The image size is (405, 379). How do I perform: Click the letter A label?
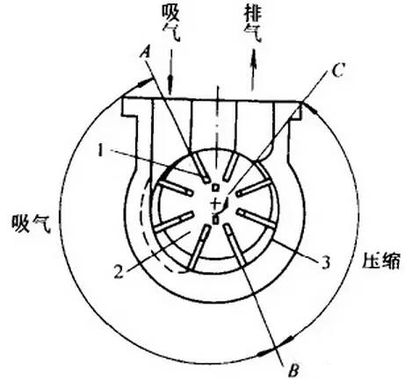tap(146, 54)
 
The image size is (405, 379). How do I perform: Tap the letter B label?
tap(293, 371)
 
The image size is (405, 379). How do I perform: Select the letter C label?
tap(338, 70)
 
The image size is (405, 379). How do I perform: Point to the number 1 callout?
tap(100, 151)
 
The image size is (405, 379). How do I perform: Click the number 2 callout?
tap(119, 271)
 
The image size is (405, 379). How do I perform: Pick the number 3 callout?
tap(326, 262)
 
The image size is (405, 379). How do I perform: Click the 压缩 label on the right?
tap(381, 261)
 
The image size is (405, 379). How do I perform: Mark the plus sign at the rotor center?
tap(214, 203)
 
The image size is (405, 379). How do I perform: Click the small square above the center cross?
tap(215, 188)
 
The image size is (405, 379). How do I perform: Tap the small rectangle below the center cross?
tap(215, 219)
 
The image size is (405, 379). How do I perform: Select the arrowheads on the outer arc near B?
tap(275, 347)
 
